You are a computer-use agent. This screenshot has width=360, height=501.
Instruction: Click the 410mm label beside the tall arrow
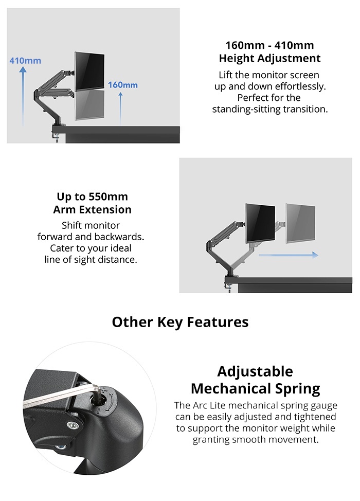coord(25,61)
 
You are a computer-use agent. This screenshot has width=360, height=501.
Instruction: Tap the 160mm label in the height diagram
coord(123,84)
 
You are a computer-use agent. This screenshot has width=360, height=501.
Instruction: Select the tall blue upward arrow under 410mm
coord(23,98)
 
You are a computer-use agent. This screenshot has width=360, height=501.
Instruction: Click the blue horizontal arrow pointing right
coord(288,255)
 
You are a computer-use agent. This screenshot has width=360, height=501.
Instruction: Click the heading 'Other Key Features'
coord(180,323)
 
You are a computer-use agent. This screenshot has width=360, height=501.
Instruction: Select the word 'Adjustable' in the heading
coord(255,371)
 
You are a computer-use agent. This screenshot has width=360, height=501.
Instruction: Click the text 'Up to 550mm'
coord(93,197)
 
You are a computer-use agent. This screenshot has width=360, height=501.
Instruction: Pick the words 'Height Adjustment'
coord(269,58)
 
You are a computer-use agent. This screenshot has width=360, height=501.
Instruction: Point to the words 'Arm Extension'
coord(93,209)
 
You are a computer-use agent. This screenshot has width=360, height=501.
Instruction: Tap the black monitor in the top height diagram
coord(90,70)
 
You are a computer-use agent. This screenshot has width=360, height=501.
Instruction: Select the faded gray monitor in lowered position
coord(90,105)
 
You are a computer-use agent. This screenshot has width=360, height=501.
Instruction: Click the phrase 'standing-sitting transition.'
coord(269,109)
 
